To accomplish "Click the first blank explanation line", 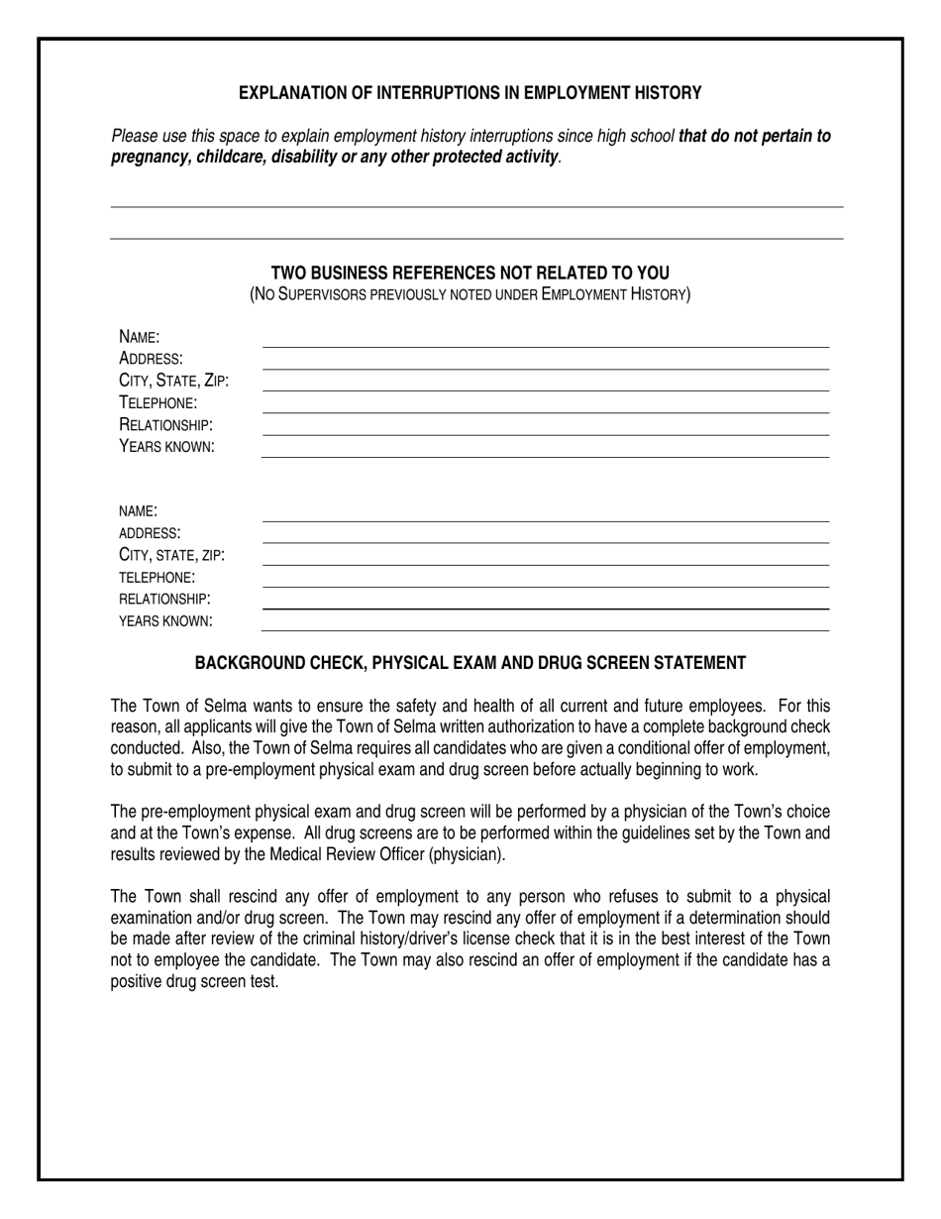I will [475, 206].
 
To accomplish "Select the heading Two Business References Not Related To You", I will [470, 274].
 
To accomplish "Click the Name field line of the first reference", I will [545, 346].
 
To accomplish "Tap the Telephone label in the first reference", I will [157, 402].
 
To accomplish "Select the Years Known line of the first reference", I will [545, 456].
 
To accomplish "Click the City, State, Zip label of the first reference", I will [173, 381].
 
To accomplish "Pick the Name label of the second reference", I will [138, 511].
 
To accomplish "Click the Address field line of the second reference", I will [545, 542].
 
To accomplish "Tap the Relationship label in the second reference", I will [164, 599].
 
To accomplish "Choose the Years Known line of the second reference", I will [545, 629].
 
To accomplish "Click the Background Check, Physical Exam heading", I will [470, 663].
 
